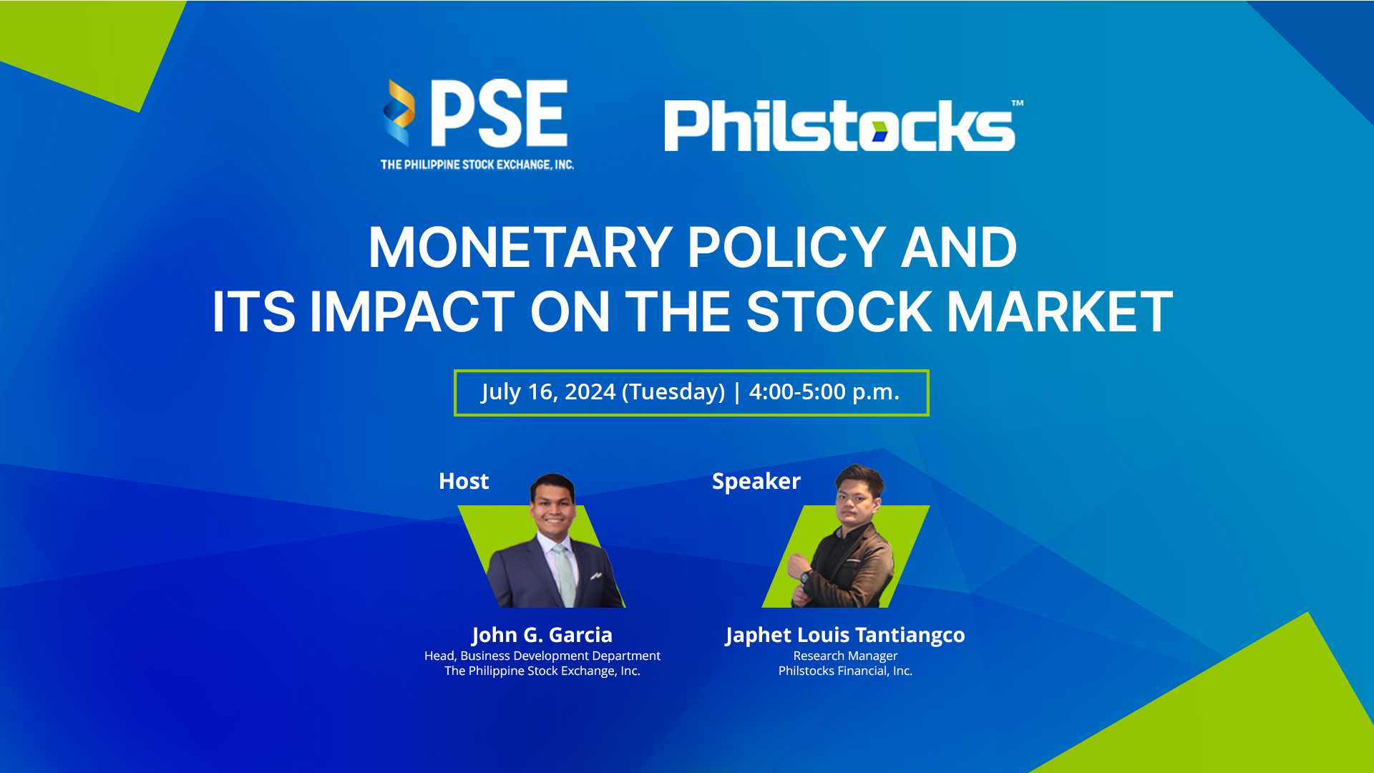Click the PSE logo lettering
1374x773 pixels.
(500, 112)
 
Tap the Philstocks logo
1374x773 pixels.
(844, 125)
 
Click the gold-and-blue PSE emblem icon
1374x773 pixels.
(399, 112)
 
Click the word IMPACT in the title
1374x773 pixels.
(412, 312)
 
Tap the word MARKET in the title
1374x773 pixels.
(1060, 312)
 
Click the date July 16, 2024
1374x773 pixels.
(548, 392)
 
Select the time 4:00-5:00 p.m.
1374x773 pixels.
(824, 392)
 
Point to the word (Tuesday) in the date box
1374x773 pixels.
(673, 392)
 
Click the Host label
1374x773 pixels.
(464, 481)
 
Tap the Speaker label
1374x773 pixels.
(756, 482)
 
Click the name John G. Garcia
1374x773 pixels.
(542, 635)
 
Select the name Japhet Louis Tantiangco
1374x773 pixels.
(845, 636)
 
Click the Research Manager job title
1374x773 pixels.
(845, 656)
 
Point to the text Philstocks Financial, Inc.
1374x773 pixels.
(845, 671)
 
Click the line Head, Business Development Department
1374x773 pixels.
(542, 656)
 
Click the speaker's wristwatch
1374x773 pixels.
(804, 576)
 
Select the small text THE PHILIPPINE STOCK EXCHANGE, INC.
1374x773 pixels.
(477, 165)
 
